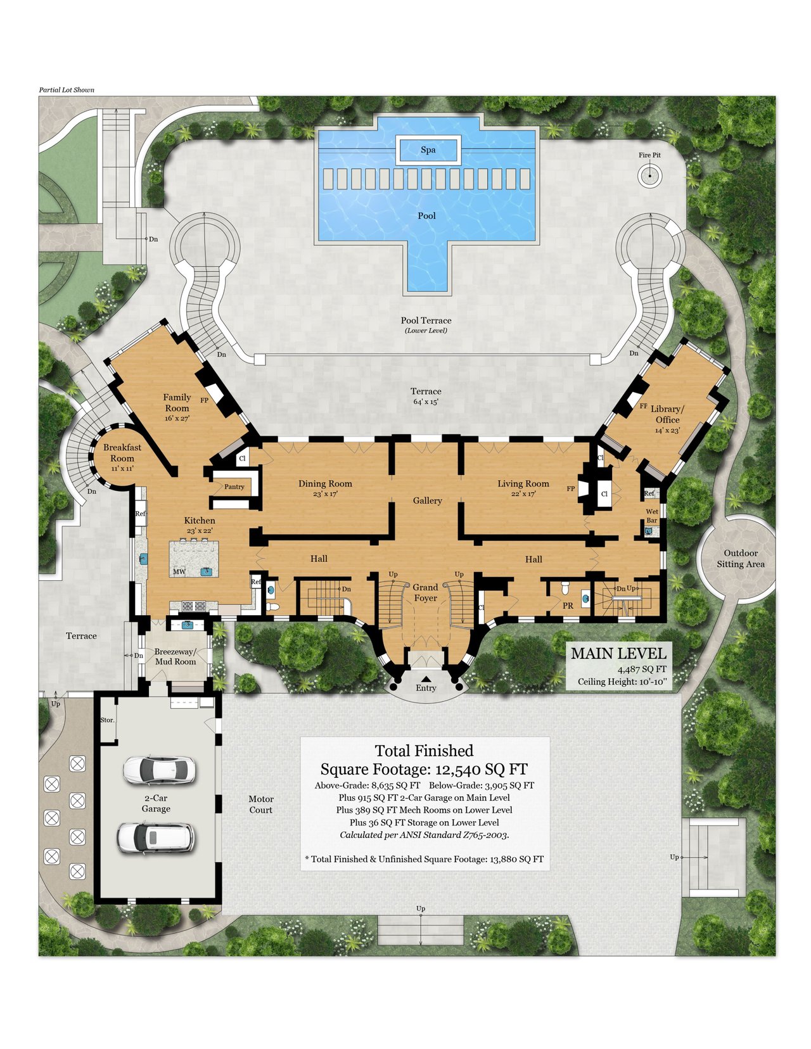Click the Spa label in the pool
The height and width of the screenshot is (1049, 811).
point(428,149)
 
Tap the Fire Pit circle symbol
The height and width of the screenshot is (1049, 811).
point(649,175)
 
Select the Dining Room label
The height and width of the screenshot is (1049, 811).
point(325,484)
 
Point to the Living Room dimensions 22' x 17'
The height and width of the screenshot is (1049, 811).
point(523,494)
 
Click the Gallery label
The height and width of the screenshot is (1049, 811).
point(427,500)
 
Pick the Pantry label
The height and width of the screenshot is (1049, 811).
point(234,486)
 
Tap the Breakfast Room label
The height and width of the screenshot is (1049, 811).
point(122,453)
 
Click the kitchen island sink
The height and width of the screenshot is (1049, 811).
point(207,571)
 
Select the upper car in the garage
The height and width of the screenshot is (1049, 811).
point(159,770)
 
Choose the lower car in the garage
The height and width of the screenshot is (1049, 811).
point(155,837)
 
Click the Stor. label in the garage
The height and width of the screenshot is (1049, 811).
point(107,720)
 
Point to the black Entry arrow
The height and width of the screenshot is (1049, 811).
point(425,678)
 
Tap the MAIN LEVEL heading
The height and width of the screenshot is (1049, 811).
point(618,654)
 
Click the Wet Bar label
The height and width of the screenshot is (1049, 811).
point(652,516)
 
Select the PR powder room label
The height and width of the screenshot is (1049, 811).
point(568,606)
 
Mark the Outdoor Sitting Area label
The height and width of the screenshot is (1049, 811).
point(741,559)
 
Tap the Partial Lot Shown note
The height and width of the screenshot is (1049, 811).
point(67,90)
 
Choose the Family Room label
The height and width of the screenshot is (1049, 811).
point(177,403)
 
